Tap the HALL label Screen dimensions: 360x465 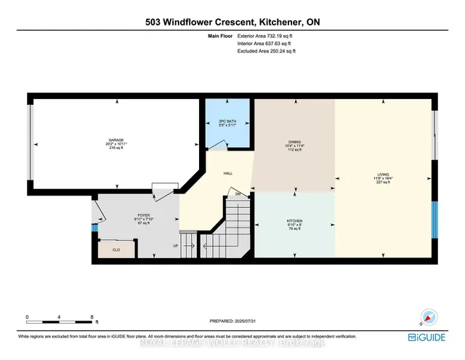tap(227, 174)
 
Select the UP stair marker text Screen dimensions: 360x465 tap(175, 246)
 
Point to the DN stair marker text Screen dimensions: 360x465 tap(237, 195)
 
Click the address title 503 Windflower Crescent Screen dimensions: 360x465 tap(232, 23)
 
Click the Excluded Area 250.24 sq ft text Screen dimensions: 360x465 tap(267, 52)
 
